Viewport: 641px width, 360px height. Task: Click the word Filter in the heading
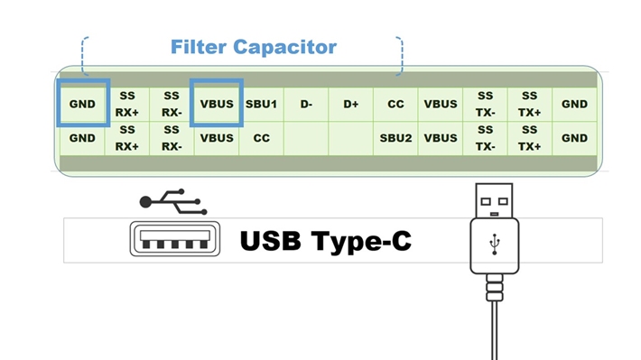coord(199,46)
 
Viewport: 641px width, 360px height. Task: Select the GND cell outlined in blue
coord(82,105)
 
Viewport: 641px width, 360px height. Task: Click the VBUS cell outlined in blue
coord(217,105)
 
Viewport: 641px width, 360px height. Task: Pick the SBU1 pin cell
coord(262,105)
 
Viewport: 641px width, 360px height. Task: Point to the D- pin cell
coord(306,105)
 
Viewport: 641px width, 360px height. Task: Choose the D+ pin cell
coord(351,105)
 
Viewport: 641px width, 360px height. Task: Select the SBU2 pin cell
coord(395,139)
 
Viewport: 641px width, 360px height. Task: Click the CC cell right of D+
coord(395,105)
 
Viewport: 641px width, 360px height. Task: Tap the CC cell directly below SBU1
coord(262,139)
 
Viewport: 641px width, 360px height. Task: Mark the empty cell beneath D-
coord(306,139)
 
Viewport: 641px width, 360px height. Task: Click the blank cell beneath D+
coord(351,139)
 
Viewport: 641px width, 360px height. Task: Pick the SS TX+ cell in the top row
coord(530,105)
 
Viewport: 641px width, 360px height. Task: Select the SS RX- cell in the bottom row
coord(172,139)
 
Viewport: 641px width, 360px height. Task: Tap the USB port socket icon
coord(174,241)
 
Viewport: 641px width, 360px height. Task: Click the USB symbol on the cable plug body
coord(493,245)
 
